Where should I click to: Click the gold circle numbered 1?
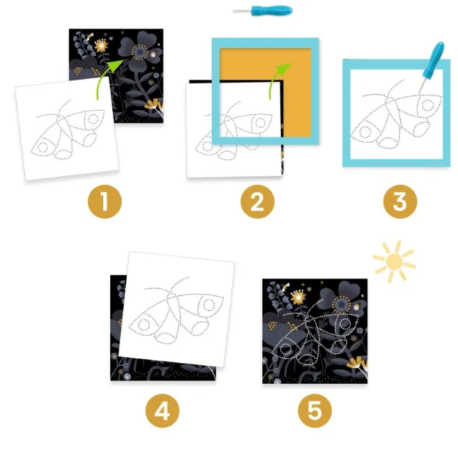(x=105, y=201)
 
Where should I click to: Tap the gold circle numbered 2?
(x=257, y=201)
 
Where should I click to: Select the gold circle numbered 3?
(x=400, y=201)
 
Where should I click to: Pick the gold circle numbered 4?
(x=162, y=411)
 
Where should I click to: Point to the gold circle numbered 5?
(x=315, y=411)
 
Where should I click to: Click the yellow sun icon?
(x=395, y=261)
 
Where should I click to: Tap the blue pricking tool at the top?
(x=263, y=11)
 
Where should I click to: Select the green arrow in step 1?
(x=107, y=77)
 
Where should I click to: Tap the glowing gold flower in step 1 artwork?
(x=101, y=45)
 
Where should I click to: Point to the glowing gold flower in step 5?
(x=298, y=297)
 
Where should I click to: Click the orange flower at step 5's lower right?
(x=358, y=362)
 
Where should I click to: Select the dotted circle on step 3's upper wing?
(x=427, y=105)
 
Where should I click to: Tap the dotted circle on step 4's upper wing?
(x=209, y=305)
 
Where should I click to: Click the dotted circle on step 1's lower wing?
(x=43, y=148)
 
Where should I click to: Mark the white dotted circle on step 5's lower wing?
(x=285, y=348)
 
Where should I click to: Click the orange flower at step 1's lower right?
(x=154, y=105)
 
